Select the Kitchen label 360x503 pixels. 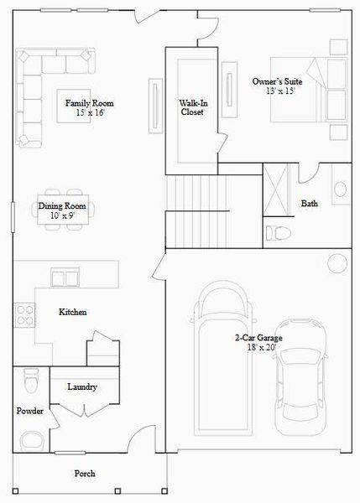(x=72, y=312)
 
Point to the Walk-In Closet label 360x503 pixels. (x=192, y=106)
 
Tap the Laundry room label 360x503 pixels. (x=82, y=387)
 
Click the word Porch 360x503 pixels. (x=85, y=474)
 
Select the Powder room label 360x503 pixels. (x=29, y=412)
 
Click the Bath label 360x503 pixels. (x=310, y=204)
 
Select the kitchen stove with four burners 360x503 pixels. (x=24, y=315)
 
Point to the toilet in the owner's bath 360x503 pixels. (x=278, y=231)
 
